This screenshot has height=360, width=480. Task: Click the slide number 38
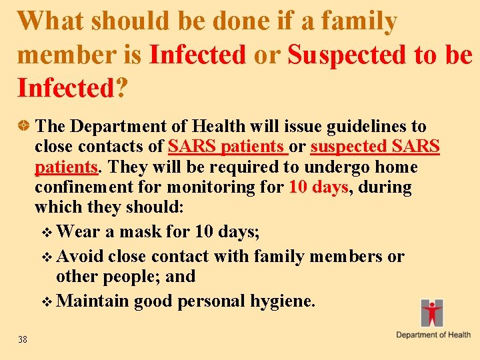(23, 340)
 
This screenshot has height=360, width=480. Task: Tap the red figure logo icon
(432, 313)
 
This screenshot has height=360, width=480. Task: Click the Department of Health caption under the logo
(433, 335)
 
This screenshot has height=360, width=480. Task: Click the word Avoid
(80, 257)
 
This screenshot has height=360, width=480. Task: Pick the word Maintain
(93, 301)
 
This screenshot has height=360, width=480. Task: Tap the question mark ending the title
(121, 88)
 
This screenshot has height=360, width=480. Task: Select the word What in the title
(51, 22)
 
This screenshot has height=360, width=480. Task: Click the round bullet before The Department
(25, 125)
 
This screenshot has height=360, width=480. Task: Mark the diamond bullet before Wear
(46, 233)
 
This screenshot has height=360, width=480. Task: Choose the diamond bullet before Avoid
(46, 257)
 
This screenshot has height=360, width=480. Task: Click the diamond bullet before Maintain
(46, 302)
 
